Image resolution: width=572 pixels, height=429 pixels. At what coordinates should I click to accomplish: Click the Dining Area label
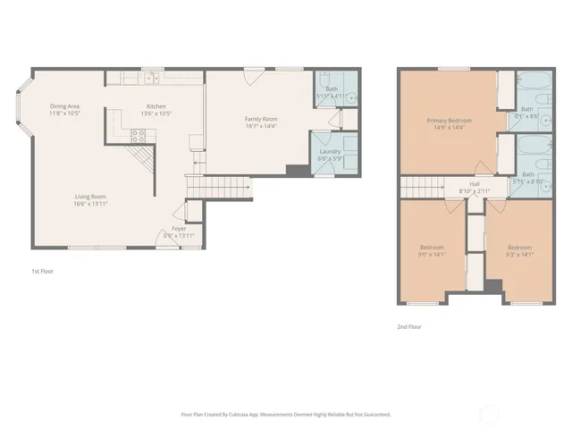tap(65, 106)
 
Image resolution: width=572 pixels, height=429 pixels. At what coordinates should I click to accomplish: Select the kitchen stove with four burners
tap(139, 136)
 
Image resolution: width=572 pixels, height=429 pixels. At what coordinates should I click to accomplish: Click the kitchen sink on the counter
tap(152, 79)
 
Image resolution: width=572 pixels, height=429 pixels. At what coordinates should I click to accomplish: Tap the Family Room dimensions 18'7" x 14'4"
tap(262, 126)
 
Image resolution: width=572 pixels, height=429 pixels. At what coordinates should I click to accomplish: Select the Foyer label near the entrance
tap(179, 228)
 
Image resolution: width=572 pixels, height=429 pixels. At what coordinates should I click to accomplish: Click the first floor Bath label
tap(332, 88)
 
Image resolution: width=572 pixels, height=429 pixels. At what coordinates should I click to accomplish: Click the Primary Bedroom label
tap(449, 121)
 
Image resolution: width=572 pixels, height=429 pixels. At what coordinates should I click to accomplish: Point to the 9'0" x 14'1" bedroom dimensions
tap(432, 254)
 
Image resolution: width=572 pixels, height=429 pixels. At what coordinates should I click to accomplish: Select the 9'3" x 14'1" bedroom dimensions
tap(519, 254)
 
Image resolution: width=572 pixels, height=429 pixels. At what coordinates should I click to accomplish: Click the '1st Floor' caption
tap(41, 270)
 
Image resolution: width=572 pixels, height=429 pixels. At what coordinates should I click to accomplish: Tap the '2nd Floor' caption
tap(408, 326)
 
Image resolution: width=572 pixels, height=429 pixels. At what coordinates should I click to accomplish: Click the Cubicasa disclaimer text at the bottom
tap(286, 415)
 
